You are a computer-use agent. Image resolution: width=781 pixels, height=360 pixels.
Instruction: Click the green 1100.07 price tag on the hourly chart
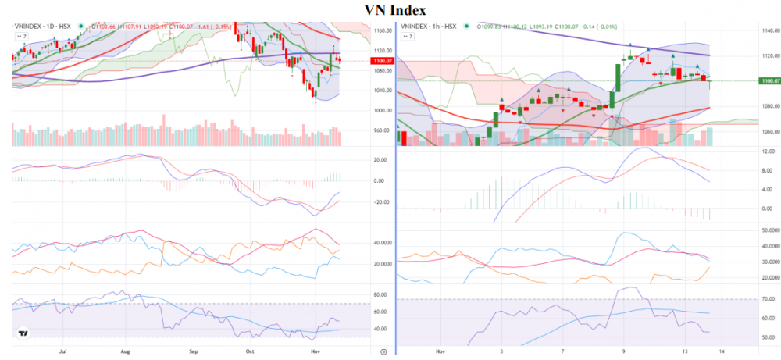point(769,80)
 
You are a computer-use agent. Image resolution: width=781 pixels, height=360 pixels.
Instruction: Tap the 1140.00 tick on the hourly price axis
point(769,31)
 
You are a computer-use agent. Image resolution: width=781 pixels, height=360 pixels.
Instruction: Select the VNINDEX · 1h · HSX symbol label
point(428,27)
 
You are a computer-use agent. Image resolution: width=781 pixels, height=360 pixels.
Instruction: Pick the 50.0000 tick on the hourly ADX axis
point(769,230)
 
